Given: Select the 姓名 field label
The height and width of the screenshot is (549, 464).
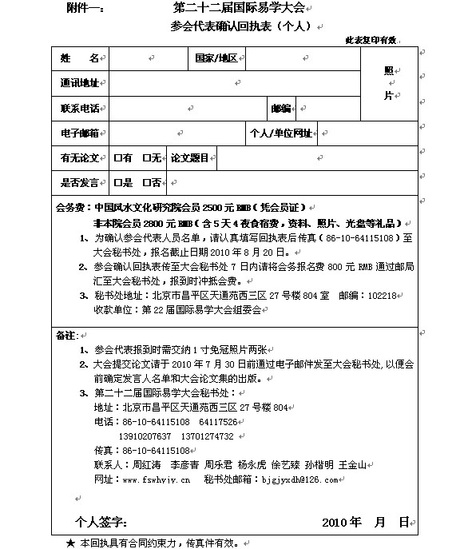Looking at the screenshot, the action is [79, 59].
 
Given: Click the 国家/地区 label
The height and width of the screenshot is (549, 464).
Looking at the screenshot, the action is [216, 59].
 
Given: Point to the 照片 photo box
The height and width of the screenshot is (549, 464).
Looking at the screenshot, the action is [389, 83].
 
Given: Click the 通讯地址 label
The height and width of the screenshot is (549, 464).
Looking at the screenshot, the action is [79, 83].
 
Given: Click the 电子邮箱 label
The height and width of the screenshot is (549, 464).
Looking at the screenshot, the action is [79, 133].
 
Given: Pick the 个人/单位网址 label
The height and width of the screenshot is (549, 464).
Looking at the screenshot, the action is [280, 133].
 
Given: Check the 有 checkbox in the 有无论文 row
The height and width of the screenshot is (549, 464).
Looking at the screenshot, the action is [117, 158].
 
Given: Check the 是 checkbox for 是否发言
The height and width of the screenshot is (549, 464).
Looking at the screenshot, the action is [117, 183].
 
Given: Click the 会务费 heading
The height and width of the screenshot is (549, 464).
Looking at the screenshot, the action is [69, 206].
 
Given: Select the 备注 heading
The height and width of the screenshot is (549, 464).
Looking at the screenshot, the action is [65, 335].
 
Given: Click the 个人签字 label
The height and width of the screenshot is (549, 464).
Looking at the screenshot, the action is [101, 523].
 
